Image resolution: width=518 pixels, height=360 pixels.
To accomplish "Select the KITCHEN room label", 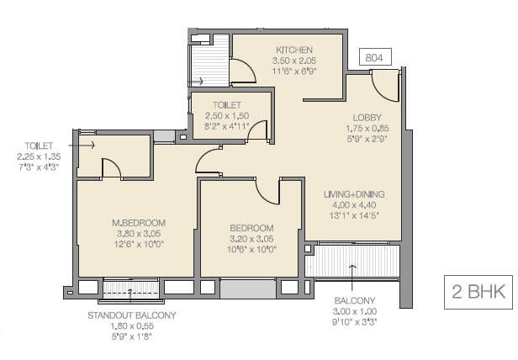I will coord(293,50).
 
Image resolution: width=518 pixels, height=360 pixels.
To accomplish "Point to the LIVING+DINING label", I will coord(353,193).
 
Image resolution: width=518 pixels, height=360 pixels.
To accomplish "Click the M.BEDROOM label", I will coord(136,223).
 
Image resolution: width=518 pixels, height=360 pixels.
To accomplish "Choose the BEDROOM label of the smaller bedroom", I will coord(252,228).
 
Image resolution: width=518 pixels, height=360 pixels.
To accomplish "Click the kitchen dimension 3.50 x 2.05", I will coord(293,62).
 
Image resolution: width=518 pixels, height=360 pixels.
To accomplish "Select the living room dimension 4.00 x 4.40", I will coord(353,204).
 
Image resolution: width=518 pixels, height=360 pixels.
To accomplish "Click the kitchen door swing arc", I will coord(244,73).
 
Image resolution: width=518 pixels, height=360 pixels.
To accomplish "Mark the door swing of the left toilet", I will coord(110,168).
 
